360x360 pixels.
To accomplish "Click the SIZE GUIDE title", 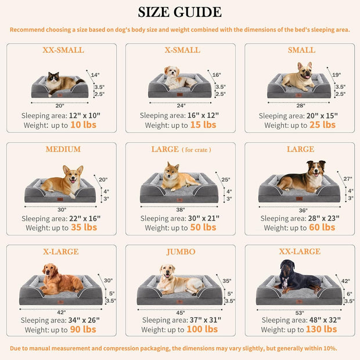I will pos(179,12).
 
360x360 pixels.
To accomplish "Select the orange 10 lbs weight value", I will pos(83,125).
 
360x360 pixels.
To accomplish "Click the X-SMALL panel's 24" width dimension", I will pos(180,106).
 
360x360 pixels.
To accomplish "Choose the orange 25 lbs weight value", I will pos(322,125).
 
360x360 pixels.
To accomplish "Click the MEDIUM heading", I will pos(63,149).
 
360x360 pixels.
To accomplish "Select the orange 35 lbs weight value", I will pos(83,228).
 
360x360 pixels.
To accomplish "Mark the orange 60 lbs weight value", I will pos(322,228).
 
